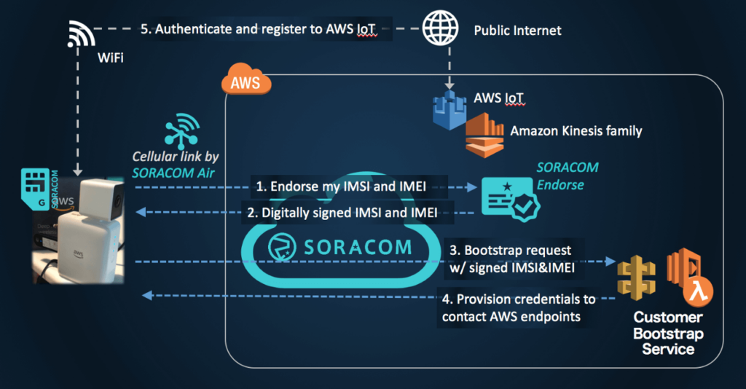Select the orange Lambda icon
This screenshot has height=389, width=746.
690,277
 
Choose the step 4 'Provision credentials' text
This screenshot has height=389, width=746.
517,308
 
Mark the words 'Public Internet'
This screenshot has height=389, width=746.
518,31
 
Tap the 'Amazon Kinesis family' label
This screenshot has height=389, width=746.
576,131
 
